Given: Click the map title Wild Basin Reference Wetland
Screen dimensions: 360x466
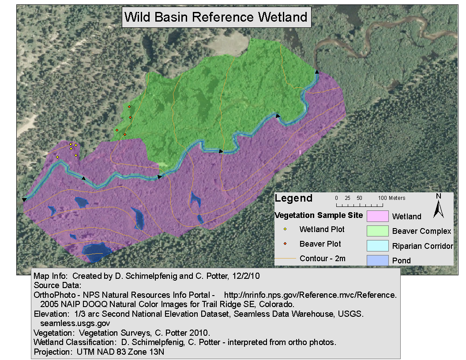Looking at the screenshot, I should point(216,17).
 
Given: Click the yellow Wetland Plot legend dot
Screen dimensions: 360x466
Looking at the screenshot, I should point(285,229).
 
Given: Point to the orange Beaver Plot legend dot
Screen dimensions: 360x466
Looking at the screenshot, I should point(285,244).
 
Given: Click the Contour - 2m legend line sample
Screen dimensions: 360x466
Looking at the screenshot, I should point(285,259).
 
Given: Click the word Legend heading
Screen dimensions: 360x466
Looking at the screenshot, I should point(293,198).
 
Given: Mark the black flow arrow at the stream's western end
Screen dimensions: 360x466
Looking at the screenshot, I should point(24,200).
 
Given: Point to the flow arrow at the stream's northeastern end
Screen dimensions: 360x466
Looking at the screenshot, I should point(317,71).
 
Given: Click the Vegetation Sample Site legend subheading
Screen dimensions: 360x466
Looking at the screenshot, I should point(319,215).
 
